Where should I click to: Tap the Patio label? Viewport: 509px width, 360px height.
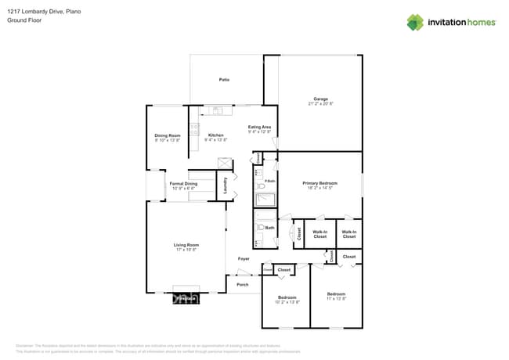coord(224,81)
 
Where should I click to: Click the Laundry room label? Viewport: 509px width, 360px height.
coord(226,185)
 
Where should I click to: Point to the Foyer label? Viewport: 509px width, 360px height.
coord(244,258)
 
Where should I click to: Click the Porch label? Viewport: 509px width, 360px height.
coord(243,285)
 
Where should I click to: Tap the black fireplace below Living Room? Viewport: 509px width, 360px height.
coord(186,298)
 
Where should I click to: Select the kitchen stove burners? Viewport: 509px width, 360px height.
coord(193,130)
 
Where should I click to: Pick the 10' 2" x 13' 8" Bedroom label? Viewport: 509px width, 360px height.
coord(287,299)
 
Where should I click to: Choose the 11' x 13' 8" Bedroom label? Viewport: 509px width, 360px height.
coord(336,296)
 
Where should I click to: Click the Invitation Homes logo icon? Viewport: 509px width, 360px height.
coord(415,22)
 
